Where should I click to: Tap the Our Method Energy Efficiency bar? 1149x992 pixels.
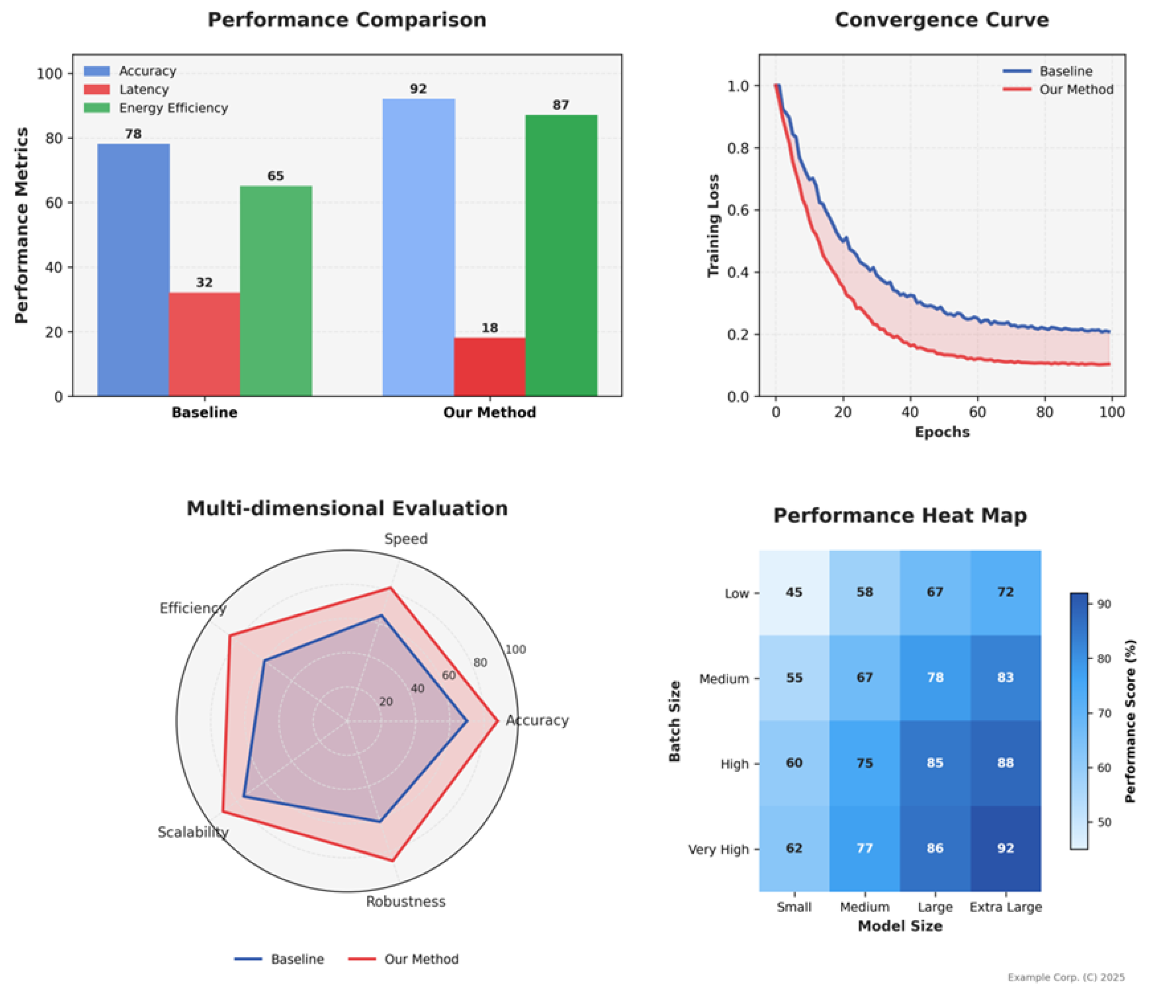pos(561,255)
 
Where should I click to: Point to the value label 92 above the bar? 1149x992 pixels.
pos(418,89)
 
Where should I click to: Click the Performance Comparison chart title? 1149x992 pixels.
pos(347,20)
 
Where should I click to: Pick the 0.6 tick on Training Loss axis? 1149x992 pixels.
pos(738,210)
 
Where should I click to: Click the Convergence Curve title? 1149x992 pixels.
pos(942,20)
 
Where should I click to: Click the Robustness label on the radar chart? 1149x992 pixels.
pos(405,902)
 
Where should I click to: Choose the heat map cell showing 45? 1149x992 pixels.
pos(794,592)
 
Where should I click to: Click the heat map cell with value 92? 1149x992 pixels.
pos(1006,849)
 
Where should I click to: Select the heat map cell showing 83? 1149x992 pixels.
pos(1006,677)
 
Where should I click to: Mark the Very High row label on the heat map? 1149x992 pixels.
pos(718,850)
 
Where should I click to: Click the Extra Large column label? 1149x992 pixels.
pos(1006,907)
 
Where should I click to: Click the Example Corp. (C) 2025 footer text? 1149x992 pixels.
pos(1066,977)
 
